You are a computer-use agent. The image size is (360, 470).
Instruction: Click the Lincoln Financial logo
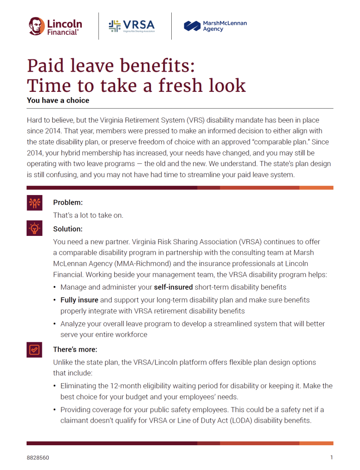[55, 26]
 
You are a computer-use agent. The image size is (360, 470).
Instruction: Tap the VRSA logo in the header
[131, 26]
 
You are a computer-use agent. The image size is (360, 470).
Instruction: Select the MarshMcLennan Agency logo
[215, 26]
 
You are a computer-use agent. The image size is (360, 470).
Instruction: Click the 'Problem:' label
[68, 202]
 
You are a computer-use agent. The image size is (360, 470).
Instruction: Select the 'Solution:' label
[68, 229]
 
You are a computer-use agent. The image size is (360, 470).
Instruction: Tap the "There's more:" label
[75, 349]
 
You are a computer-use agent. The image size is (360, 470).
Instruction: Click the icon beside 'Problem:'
[34, 202]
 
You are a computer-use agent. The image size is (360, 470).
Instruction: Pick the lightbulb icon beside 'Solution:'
[34, 228]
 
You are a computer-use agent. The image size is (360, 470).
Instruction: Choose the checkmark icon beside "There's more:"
[34, 349]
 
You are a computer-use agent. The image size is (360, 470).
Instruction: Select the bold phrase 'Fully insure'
[79, 300]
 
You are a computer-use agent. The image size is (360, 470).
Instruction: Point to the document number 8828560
[38, 458]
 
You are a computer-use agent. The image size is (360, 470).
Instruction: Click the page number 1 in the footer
[332, 458]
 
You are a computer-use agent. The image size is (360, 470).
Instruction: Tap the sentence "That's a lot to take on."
[88, 215]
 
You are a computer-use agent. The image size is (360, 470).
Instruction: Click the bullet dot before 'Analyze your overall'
[55, 324]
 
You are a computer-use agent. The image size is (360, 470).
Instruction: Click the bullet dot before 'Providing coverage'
[55, 410]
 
